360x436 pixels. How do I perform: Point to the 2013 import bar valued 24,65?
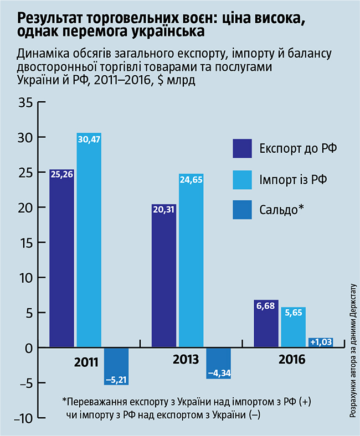point(191,260)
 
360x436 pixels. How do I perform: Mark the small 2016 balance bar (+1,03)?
point(320,342)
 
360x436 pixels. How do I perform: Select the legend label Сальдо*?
point(281,210)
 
